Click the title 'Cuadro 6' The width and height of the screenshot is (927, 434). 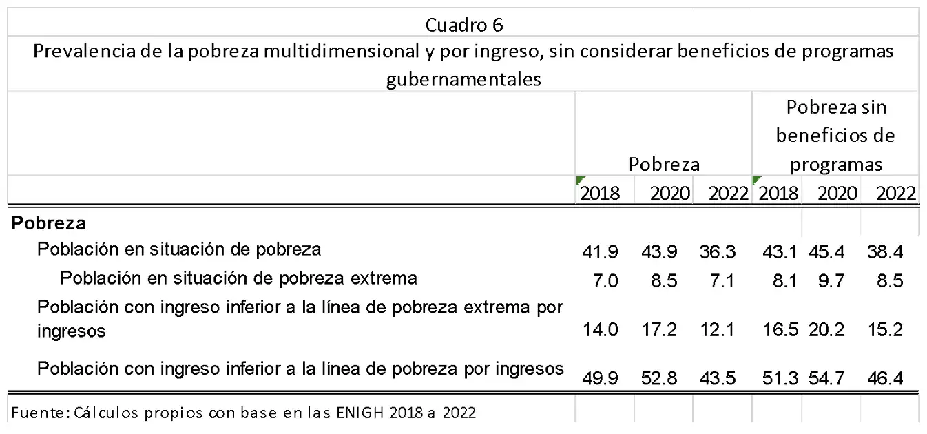click(x=463, y=25)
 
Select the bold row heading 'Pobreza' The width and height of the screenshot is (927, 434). click(x=48, y=223)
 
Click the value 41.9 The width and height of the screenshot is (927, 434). click(x=600, y=252)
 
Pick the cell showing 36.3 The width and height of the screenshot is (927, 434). click(x=718, y=252)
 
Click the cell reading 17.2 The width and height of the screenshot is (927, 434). click(x=659, y=330)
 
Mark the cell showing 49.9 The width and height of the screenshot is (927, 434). click(x=600, y=378)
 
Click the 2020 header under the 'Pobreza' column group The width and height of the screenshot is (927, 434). click(x=669, y=193)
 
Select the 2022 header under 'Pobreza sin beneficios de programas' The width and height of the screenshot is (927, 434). click(x=896, y=193)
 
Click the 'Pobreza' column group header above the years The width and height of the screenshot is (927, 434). click(x=664, y=165)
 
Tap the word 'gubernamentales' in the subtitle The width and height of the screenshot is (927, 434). click(x=463, y=79)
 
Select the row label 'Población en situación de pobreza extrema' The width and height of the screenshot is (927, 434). click(x=238, y=278)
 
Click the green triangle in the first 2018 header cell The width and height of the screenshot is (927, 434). click(x=580, y=180)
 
